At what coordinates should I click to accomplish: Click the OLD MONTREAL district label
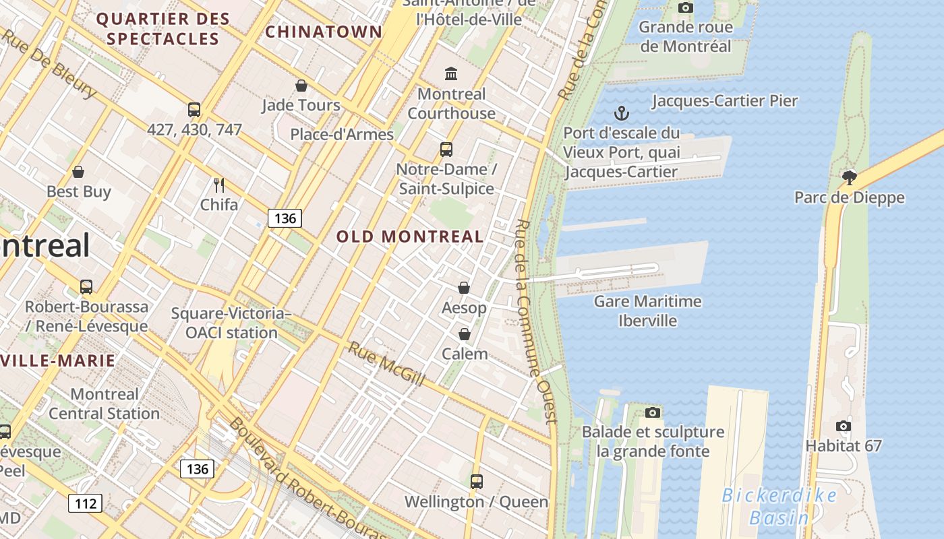(x=410, y=236)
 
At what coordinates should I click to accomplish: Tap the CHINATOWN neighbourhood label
(x=324, y=32)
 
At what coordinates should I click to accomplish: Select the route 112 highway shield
(x=85, y=503)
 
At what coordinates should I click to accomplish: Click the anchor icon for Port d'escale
(x=621, y=113)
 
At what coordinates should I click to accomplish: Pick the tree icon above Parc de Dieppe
(x=849, y=178)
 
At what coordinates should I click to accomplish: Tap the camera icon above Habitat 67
(x=843, y=426)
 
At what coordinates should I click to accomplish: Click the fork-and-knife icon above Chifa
(x=218, y=185)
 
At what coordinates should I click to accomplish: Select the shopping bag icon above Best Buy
(x=78, y=172)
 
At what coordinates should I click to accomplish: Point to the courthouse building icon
(x=451, y=73)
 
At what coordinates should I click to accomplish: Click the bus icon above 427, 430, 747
(x=194, y=109)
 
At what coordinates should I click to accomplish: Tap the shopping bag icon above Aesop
(x=464, y=288)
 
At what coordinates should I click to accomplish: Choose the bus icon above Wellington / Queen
(x=476, y=481)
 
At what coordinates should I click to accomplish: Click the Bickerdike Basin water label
(x=779, y=507)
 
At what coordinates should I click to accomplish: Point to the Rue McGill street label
(x=386, y=364)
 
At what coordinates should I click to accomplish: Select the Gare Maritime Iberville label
(x=647, y=311)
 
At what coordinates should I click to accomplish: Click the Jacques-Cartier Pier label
(x=725, y=101)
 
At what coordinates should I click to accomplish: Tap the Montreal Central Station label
(x=104, y=404)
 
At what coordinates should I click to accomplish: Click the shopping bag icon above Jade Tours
(x=301, y=86)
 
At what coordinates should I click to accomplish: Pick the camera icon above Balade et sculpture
(x=652, y=412)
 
